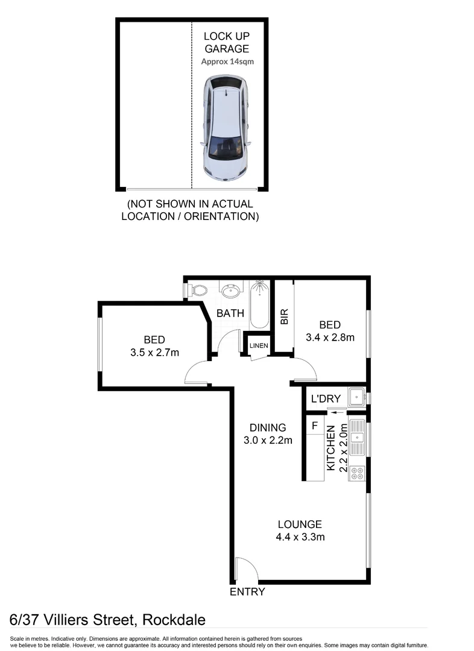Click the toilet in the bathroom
click(x=196, y=291)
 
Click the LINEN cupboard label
click(x=256, y=345)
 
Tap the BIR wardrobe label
click(x=284, y=317)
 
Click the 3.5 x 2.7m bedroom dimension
click(x=154, y=353)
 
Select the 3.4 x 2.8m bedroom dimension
click(x=330, y=337)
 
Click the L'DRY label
click(x=326, y=398)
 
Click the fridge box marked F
click(x=315, y=426)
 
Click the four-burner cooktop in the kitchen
click(x=358, y=474)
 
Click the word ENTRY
click(x=247, y=592)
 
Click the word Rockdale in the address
click(x=175, y=620)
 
